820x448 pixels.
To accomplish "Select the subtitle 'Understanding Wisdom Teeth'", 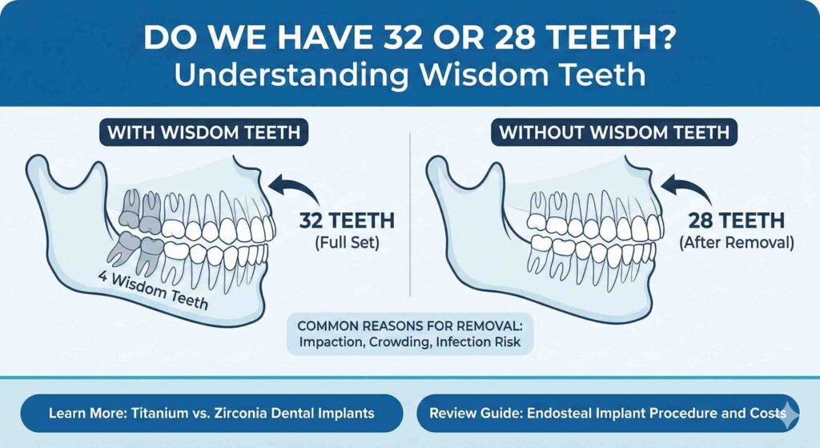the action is [x=410, y=75].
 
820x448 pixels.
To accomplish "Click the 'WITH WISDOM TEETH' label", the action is [x=204, y=132].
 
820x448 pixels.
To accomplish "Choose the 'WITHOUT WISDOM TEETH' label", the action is [x=614, y=132].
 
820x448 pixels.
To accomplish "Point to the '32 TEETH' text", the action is [x=347, y=220].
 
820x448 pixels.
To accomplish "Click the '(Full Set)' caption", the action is [x=347, y=244].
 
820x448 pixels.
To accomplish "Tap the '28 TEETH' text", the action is [x=737, y=220].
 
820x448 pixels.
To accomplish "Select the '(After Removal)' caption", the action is [x=737, y=244].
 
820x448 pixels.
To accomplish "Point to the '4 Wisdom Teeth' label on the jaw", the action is [x=153, y=291].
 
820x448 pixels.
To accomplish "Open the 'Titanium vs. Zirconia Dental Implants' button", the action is [x=211, y=414].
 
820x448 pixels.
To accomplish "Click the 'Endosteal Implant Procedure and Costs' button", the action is [x=609, y=414].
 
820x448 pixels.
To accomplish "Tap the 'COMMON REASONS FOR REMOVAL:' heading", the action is [x=410, y=326].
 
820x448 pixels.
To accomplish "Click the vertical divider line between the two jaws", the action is [x=410, y=215].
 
